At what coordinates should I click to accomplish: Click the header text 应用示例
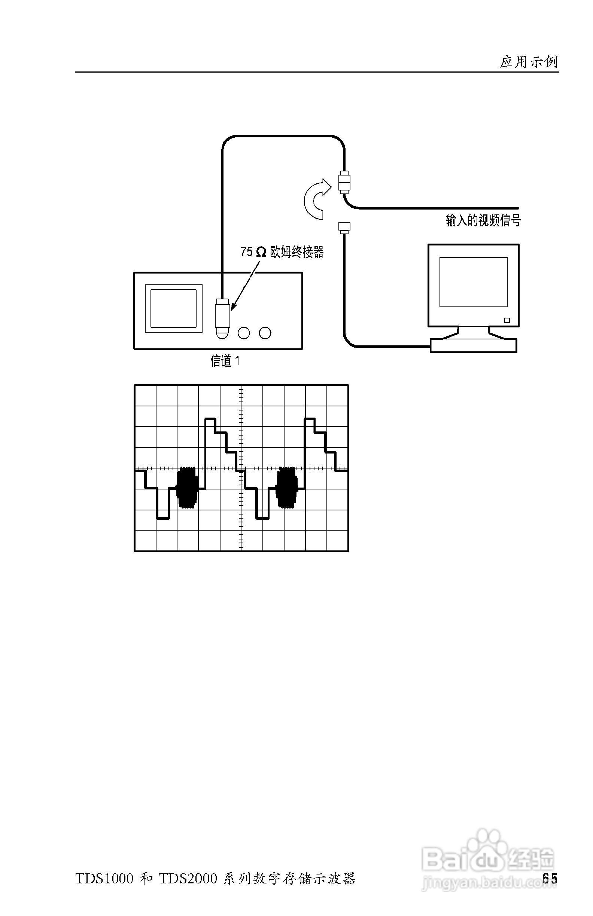(x=529, y=62)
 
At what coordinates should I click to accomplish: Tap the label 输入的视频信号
(x=483, y=220)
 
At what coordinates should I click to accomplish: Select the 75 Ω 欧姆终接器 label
(x=282, y=252)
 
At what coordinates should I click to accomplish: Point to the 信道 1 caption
(x=225, y=361)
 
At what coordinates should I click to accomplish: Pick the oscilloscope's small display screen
(x=173, y=308)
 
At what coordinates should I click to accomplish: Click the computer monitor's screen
(x=473, y=282)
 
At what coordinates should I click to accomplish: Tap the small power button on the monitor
(x=507, y=320)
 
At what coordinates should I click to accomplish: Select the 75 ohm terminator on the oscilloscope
(x=222, y=315)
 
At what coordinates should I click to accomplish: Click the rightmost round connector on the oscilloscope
(x=265, y=333)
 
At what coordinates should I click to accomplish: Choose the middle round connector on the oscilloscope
(x=244, y=333)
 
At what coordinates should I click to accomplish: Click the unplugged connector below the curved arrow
(x=344, y=228)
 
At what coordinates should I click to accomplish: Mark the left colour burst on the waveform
(x=187, y=488)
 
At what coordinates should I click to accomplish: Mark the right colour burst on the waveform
(x=288, y=488)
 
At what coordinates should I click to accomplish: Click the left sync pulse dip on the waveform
(x=163, y=508)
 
